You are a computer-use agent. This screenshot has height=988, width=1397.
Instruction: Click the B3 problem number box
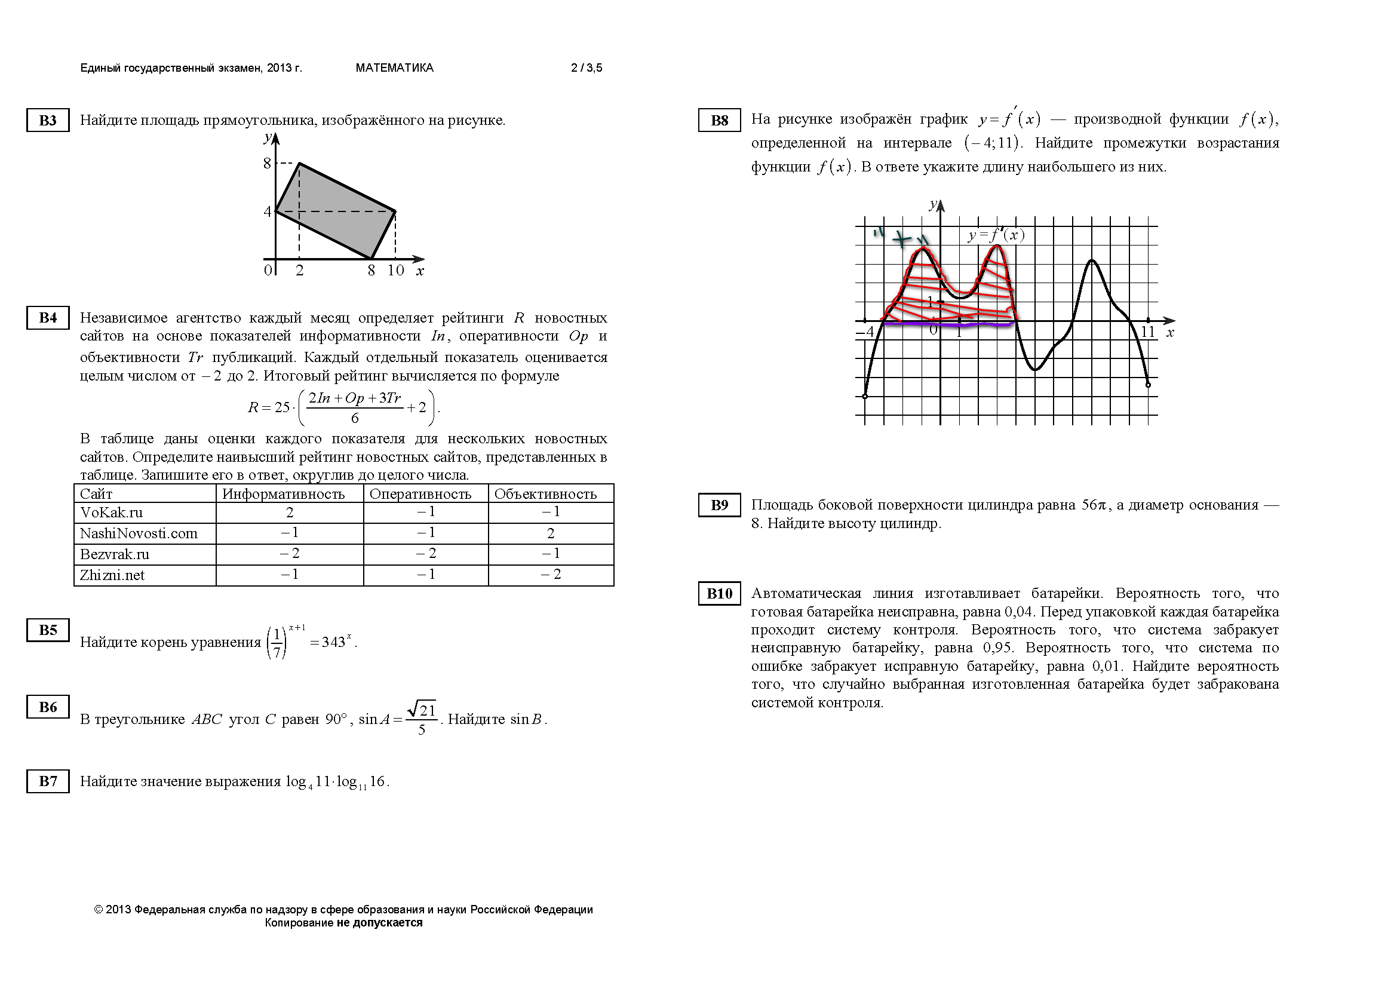point(47,120)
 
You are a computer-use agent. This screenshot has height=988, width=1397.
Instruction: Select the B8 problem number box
point(719,120)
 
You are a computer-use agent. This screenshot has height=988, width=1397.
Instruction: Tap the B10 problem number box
point(719,593)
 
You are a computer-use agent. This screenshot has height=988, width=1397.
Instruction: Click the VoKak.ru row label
point(111,513)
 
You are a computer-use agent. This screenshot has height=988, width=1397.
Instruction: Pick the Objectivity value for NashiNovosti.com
point(551,533)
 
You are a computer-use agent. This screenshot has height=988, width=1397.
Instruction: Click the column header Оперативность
point(420,494)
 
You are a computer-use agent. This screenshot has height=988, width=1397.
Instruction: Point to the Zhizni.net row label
point(112,575)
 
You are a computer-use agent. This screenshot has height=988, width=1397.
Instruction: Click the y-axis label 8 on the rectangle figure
point(267,163)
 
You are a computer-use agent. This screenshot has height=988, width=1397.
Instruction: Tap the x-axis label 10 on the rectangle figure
point(395,271)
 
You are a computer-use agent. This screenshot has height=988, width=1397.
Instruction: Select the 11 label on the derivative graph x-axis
point(1147,332)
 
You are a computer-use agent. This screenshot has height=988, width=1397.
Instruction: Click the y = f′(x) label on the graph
point(996,235)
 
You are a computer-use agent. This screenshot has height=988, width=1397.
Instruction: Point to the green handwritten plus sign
point(902,239)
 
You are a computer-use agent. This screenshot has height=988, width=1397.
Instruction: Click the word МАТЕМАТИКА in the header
point(394,68)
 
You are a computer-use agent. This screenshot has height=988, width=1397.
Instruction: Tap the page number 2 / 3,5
point(587,68)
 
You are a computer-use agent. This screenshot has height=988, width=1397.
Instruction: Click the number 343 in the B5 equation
point(333,643)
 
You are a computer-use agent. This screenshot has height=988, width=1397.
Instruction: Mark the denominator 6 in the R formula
point(355,418)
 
